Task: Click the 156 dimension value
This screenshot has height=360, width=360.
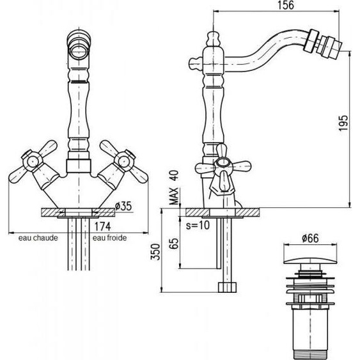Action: pos(285,5)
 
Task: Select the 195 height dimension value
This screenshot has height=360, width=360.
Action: pos(343,123)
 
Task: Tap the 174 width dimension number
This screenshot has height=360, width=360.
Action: pos(102,226)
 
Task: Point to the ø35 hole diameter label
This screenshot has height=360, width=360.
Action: pos(123,206)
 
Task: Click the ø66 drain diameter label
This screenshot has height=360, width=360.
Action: pos(310,238)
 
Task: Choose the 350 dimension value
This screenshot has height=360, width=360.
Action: pos(155,252)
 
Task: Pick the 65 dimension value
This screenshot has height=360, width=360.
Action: pos(173,244)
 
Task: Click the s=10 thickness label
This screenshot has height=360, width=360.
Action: pos(198,225)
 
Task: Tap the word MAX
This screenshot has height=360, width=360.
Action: pos(174,196)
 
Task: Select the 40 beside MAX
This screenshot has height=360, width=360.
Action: pos(174,176)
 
